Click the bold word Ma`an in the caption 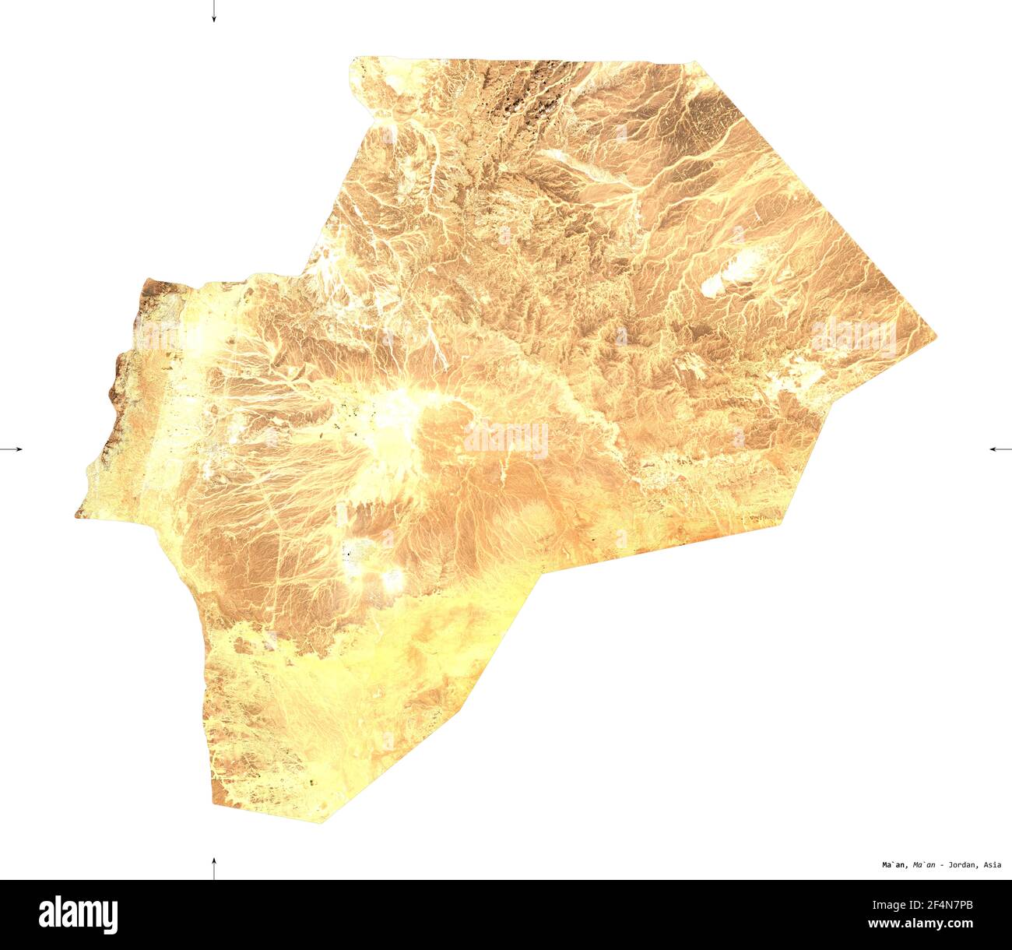click(894, 864)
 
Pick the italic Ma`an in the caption click(923, 864)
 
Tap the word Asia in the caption click(993, 864)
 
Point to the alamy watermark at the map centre click(506, 439)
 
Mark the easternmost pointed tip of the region click(936, 336)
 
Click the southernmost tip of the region click(322, 822)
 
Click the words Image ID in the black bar click(894, 904)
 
